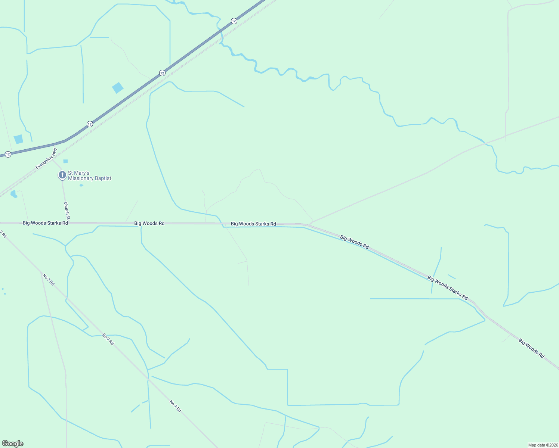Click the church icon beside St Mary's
62,175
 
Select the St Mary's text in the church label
78,173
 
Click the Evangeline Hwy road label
46,159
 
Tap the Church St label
67,211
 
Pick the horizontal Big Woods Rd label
149,223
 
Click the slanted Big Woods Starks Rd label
447,287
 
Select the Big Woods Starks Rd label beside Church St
45,223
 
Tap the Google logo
13,444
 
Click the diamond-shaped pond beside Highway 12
118,88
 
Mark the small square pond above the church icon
65,161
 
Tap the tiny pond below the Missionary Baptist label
81,185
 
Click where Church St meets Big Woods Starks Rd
68,223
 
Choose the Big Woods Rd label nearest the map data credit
531,348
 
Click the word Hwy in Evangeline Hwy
54,152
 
